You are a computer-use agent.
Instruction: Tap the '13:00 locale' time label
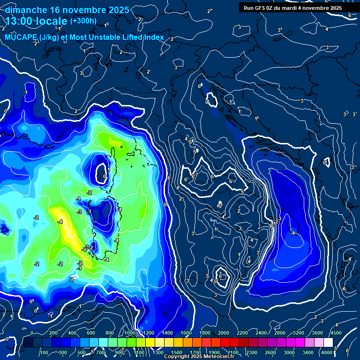pos(37,21)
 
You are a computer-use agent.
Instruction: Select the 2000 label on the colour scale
pos(224,333)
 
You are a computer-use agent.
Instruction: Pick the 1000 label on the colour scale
pos(130,333)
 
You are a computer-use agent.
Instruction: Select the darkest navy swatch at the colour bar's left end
pos(29,343)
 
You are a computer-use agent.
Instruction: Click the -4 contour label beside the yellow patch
pos(60,222)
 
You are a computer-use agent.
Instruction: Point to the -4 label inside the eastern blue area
pos(294,233)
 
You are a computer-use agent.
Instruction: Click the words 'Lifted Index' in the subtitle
pos(144,37)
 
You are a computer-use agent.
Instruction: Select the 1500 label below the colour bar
pos(177,352)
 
